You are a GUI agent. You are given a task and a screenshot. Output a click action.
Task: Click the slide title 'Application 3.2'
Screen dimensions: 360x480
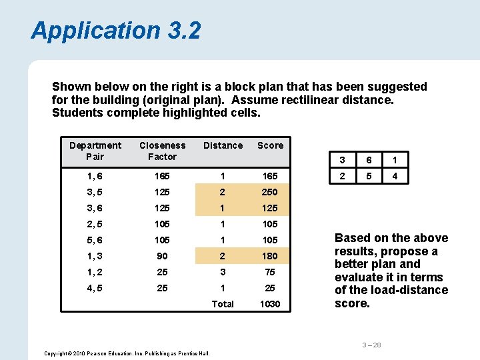click(x=115, y=31)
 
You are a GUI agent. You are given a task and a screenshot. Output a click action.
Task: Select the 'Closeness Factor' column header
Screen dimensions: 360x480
click(x=162, y=151)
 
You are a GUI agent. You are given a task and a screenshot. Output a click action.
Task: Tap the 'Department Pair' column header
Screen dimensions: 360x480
click(x=95, y=151)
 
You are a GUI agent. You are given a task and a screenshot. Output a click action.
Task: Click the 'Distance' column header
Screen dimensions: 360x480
click(x=223, y=145)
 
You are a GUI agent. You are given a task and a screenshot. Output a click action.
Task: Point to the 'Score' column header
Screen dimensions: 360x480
click(x=270, y=145)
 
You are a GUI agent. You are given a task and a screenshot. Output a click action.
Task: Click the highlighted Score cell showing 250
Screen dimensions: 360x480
click(x=270, y=192)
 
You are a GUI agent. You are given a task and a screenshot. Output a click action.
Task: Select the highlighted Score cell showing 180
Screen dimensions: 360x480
click(x=270, y=256)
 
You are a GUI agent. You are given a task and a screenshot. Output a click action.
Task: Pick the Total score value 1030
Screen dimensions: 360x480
click(x=270, y=304)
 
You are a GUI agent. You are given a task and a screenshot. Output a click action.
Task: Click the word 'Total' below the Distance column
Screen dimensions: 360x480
click(x=223, y=304)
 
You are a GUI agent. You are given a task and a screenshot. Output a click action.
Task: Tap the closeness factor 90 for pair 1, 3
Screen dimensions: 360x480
click(x=162, y=256)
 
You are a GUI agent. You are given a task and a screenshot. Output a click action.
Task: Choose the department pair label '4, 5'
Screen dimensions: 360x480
click(x=95, y=288)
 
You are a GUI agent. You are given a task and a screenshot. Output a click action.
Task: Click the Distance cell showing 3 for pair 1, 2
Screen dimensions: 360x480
click(x=223, y=272)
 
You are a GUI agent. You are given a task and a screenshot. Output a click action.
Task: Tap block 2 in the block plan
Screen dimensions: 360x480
click(x=342, y=177)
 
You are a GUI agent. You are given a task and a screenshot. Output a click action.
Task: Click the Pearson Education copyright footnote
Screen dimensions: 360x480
click(x=127, y=353)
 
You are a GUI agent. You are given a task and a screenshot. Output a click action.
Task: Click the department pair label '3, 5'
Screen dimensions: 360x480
click(x=95, y=192)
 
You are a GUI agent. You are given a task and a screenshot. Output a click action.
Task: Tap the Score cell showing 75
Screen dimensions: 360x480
click(x=270, y=272)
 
